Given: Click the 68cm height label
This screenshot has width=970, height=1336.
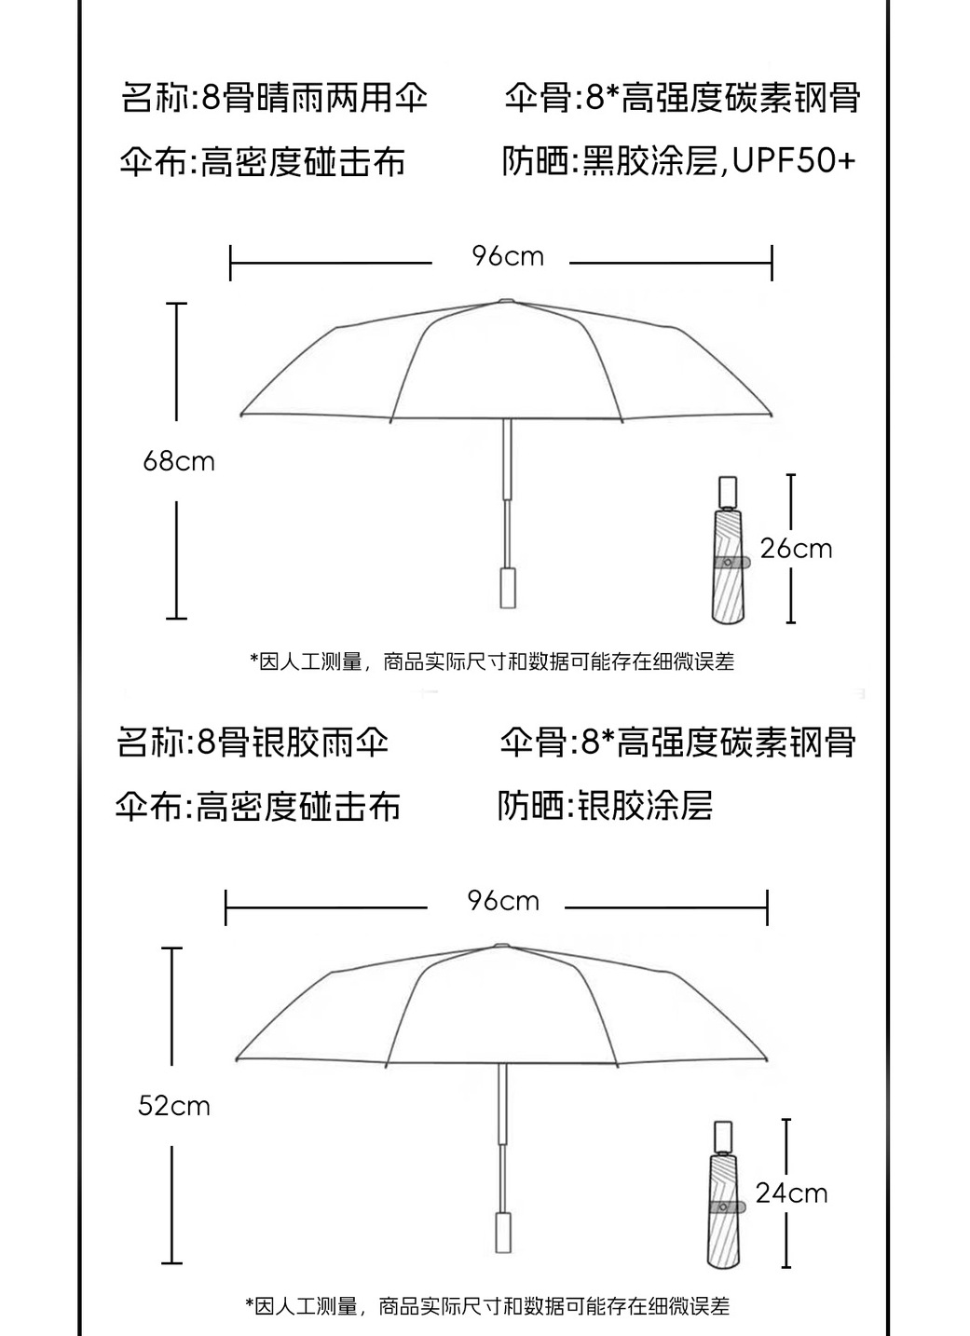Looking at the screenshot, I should pos(178,461).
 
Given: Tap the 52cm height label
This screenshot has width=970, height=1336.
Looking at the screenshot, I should pos(173,1106).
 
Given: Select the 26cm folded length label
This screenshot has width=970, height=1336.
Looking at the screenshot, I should pos(796,548).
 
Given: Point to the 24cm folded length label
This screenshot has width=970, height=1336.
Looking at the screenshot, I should pos(791,1193).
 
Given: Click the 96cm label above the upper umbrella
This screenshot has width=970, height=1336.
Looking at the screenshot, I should pos(507,256).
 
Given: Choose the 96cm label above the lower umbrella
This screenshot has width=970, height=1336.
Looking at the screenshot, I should pos(503,901).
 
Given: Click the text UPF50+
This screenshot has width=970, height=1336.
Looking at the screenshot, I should pos(793,161).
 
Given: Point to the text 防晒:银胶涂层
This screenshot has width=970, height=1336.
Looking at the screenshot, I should pos(605,805).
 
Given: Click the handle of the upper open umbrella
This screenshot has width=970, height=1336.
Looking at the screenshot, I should pos(508,586).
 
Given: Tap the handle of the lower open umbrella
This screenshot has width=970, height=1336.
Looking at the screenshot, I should pos(503,1232).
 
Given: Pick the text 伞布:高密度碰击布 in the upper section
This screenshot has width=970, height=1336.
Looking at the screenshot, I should pos(263,162).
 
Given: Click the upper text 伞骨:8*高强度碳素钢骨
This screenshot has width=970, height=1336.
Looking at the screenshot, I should pos(681,97).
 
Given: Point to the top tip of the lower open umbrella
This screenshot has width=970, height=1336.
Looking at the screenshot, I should pos(501,945).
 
